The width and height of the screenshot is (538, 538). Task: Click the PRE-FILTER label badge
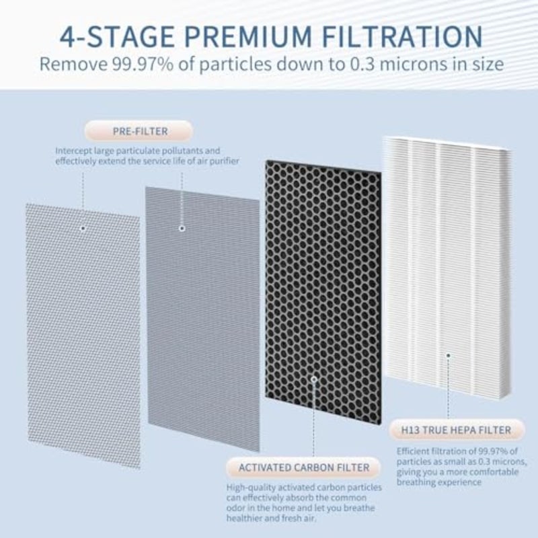(139, 131)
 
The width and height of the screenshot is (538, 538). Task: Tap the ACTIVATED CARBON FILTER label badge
(304, 467)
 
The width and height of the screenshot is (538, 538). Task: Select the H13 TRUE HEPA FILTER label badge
(457, 430)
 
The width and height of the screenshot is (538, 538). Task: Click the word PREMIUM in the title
(248, 36)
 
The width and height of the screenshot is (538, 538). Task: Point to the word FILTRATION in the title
(402, 36)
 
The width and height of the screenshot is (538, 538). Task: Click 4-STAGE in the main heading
(117, 36)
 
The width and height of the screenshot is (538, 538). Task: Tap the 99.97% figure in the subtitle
(143, 64)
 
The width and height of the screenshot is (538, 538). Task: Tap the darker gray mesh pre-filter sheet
(202, 319)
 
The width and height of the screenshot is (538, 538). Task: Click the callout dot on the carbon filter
(313, 379)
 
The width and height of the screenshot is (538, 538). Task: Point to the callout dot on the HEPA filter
(448, 356)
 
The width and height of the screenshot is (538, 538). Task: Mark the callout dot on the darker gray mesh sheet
(182, 228)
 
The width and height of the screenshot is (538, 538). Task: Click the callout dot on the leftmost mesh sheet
(83, 228)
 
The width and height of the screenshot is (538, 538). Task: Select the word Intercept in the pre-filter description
(73, 151)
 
